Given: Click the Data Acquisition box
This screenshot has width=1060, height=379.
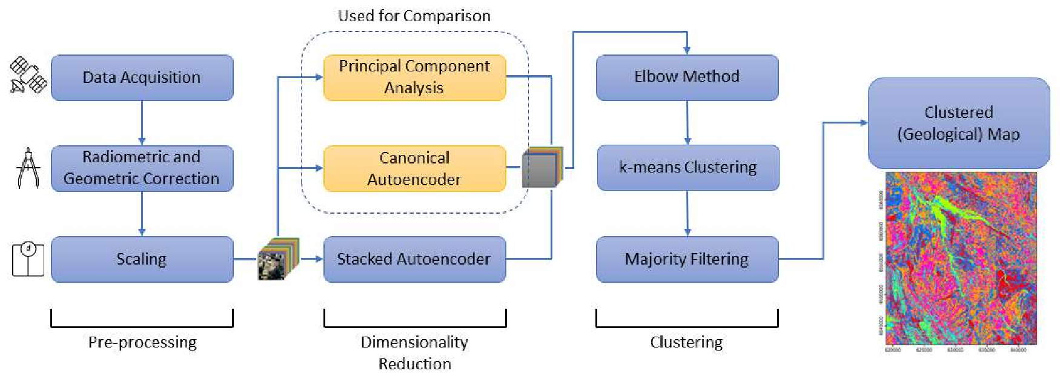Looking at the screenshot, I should (x=142, y=77).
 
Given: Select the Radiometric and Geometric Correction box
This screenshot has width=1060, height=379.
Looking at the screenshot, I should (x=142, y=168).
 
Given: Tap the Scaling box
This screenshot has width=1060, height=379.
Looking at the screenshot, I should (x=142, y=259).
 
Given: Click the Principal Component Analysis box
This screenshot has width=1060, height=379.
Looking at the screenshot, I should (x=414, y=77).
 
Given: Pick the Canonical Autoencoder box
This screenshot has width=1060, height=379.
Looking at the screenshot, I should (x=414, y=168).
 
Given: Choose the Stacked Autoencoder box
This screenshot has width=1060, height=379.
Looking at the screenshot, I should (x=414, y=259).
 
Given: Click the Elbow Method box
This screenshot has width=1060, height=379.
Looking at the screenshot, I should (x=687, y=77).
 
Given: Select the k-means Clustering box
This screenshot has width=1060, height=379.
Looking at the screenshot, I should (x=687, y=167).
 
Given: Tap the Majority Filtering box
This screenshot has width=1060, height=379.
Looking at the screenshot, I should (x=687, y=259).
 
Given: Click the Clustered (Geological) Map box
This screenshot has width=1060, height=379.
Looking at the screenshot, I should (x=958, y=123).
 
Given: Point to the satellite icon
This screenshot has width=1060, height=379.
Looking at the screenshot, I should (x=28, y=75).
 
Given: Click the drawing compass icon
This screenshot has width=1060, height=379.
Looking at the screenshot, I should (x=28, y=168).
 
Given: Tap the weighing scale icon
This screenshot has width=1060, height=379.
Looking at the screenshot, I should (x=28, y=259).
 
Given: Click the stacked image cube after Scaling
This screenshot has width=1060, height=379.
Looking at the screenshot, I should (x=278, y=259).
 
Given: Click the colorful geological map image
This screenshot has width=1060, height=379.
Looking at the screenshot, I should (x=961, y=259).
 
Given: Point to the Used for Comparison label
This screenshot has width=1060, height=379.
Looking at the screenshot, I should (x=414, y=16).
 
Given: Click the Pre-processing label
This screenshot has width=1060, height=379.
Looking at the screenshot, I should (x=142, y=342).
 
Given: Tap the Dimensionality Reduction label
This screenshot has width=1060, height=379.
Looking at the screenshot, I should (x=414, y=352).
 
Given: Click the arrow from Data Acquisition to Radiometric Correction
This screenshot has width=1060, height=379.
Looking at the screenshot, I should (x=142, y=123).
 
